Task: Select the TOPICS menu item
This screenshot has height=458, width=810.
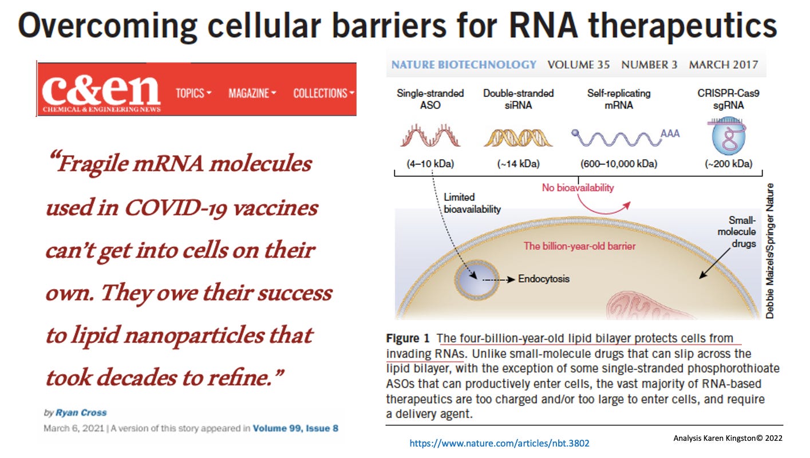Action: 193,93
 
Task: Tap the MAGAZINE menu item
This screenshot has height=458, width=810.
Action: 252,93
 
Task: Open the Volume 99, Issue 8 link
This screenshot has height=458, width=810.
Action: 299,428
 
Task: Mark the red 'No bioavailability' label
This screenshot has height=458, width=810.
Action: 578,188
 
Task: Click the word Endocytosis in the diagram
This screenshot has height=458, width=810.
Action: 544,279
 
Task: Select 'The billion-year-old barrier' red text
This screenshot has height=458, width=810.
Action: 580,247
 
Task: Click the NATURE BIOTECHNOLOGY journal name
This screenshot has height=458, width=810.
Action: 464,65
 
